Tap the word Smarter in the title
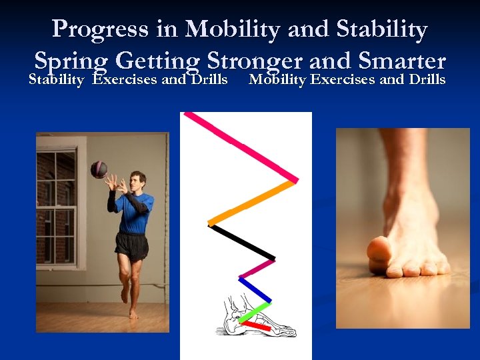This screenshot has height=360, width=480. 401,61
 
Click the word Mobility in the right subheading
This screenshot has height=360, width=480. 277,81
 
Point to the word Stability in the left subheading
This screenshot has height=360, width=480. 56,81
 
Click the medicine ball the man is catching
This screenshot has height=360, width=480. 99,169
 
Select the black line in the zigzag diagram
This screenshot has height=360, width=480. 241,241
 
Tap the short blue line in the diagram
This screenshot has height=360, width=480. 255,289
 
